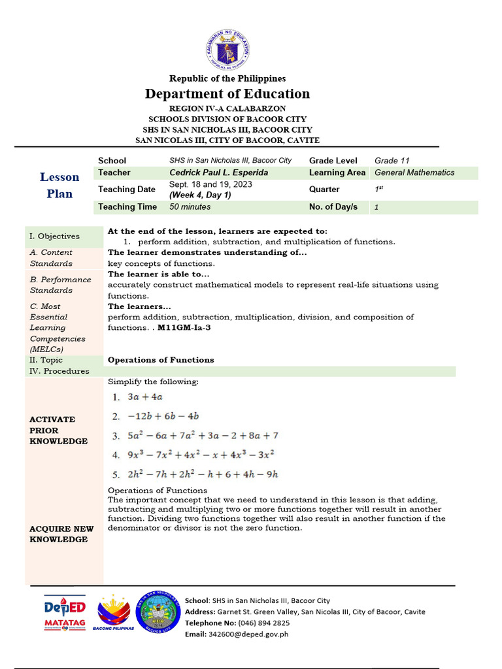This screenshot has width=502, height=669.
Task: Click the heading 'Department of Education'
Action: coord(227,93)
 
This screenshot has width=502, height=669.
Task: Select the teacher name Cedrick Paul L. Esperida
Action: coord(218,172)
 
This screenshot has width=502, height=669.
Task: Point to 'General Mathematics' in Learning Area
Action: coord(414,172)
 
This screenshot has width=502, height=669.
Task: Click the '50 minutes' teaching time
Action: coord(190,206)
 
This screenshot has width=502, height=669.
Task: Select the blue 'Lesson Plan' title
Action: coord(59,185)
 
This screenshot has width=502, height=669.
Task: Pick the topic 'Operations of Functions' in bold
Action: coord(161,360)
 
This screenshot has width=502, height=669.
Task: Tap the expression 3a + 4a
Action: coord(145,397)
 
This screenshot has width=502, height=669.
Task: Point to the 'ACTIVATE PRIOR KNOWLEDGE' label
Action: coord(59,430)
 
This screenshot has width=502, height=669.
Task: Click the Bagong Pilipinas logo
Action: coord(113,613)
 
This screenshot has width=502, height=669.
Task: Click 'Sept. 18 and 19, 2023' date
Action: coord(210,185)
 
